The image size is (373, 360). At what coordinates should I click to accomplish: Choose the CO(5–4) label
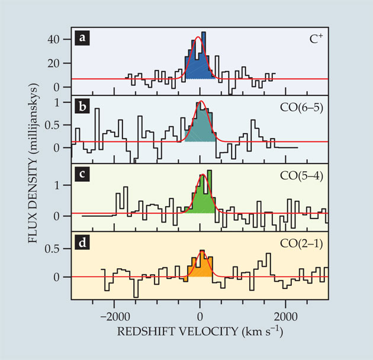point(306,174)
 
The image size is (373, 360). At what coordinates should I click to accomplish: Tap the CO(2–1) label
point(306,241)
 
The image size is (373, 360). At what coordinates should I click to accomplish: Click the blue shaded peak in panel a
point(198,65)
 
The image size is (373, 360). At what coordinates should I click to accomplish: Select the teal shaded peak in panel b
point(201,127)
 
